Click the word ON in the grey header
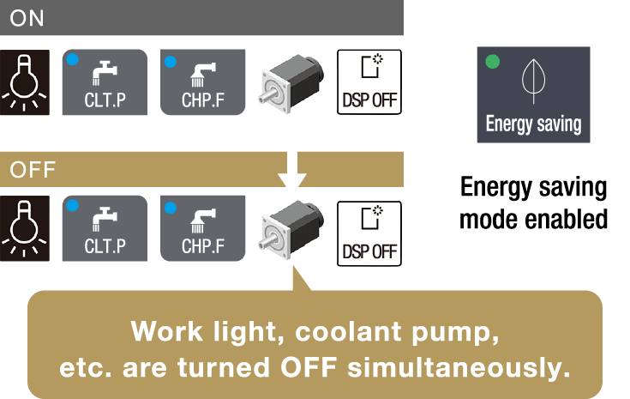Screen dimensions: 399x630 pos(27,18)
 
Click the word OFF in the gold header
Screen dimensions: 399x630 pos(33,168)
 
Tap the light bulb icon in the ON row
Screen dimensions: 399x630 pos(27,82)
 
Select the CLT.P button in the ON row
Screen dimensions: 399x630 pos(105,82)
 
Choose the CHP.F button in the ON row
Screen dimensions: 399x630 pos(203,82)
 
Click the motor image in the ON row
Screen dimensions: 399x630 pos(291,83)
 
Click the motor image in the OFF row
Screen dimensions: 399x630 pos(291,229)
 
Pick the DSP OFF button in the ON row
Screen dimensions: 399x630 pos(369,82)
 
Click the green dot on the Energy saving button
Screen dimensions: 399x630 pos(492,62)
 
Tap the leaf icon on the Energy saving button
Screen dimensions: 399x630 pos(532,81)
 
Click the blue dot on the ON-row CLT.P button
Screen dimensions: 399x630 pos(73,61)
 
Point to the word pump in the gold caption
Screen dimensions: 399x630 pos(457,331)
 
